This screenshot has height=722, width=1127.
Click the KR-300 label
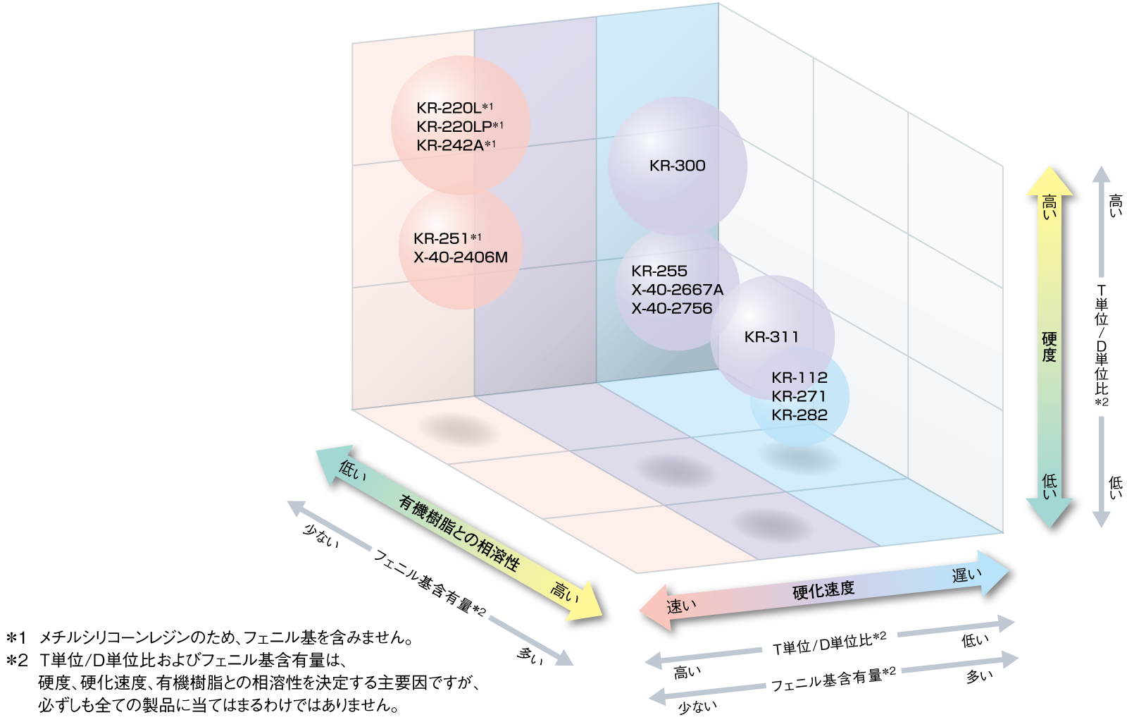pyautogui.click(x=677, y=166)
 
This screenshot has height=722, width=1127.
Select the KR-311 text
pyautogui.click(x=771, y=337)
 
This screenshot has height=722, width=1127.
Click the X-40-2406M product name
pyautogui.click(x=461, y=257)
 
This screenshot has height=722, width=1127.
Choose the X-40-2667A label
pyautogui.click(x=677, y=290)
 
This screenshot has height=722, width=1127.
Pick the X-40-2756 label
pyautogui.click(x=671, y=308)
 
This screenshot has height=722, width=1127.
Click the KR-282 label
pyautogui.click(x=799, y=415)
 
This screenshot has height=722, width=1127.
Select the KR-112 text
pyautogui.click(x=799, y=377)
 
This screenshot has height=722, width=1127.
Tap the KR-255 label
pyautogui.click(x=659, y=271)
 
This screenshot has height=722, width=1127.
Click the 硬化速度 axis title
pyautogui.click(x=823, y=589)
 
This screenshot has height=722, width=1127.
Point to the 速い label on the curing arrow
pyautogui.click(x=681, y=606)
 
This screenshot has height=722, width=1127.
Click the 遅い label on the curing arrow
pyautogui.click(x=966, y=575)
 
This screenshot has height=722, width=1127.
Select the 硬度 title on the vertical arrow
pyautogui.click(x=1049, y=346)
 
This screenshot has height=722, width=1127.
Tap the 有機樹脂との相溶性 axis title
pyautogui.click(x=459, y=533)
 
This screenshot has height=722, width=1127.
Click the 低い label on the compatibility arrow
pyautogui.click(x=352, y=470)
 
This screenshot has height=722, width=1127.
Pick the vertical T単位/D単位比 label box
pyautogui.click(x=1101, y=346)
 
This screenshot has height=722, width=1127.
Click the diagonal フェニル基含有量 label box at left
pyautogui.click(x=429, y=585)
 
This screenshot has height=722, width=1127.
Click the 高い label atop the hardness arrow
pyautogui.click(x=1049, y=207)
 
